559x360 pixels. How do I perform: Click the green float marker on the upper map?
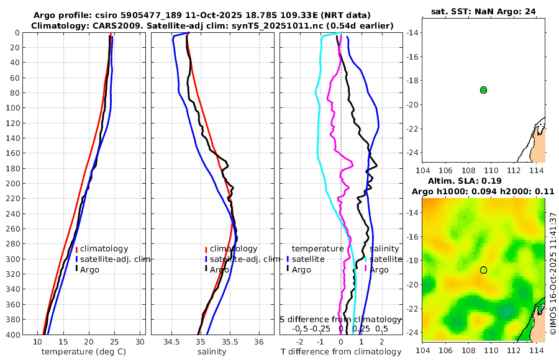(x=483, y=90)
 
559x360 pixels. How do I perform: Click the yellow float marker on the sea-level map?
(x=483, y=270)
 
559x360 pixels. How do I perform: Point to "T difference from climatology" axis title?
(x=341, y=352)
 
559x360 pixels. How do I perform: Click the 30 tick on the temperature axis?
(x=140, y=342)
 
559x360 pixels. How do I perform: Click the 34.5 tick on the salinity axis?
(x=171, y=342)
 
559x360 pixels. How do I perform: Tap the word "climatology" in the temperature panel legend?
(x=104, y=249)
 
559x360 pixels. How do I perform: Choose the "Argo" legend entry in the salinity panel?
(x=219, y=269)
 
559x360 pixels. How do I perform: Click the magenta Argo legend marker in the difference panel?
(x=366, y=269)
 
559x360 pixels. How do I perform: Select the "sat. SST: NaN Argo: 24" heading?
(x=483, y=11)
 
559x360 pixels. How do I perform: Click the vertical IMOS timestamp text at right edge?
(x=553, y=274)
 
